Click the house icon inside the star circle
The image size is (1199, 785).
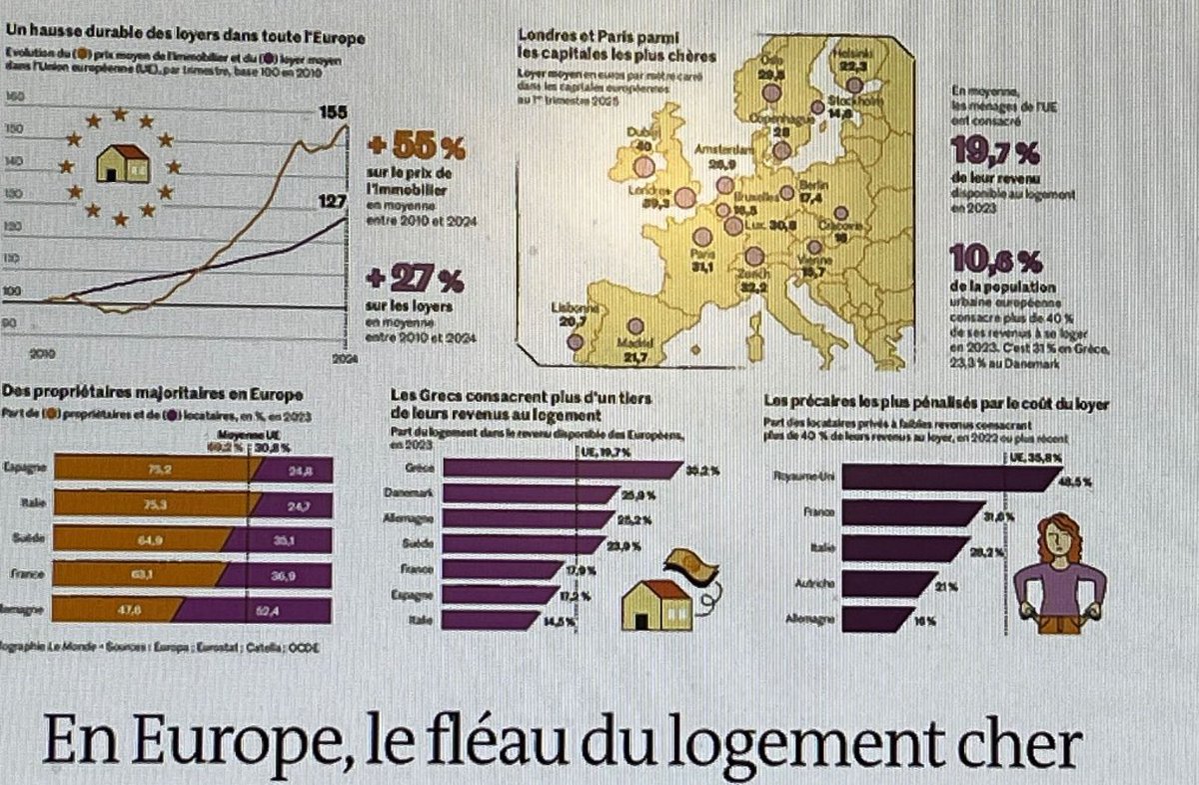tap(120, 163)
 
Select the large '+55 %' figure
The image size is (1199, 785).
tap(417, 148)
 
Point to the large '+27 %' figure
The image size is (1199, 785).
tap(417, 275)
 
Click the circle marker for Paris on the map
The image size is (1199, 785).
tap(702, 237)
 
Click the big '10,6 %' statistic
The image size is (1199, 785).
tap(994, 262)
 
